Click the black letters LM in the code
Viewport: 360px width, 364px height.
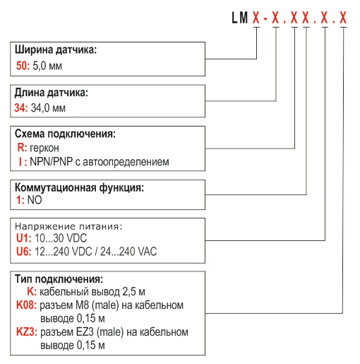240,18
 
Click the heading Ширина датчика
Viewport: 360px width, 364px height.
56,50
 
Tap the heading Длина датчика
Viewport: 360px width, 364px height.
52,93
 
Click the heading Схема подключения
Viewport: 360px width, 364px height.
65,134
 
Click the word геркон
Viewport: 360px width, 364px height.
44,148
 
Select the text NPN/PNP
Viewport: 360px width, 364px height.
52,162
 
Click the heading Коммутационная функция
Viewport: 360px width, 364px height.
79,188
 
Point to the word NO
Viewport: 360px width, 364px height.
35,200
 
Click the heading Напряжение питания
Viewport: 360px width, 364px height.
68,226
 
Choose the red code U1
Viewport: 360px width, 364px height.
24,238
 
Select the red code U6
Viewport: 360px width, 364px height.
24,252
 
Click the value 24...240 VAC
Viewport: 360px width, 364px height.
128,252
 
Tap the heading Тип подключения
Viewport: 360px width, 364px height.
59,279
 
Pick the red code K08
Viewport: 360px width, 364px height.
26,305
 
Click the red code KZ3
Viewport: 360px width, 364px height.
27,332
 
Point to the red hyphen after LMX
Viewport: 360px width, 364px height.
265,18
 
